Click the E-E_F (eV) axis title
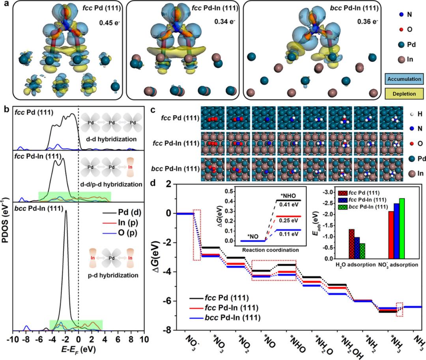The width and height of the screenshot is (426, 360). pyautogui.click(x=78, y=349)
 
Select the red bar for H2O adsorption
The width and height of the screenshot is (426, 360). pyautogui.click(x=351, y=244)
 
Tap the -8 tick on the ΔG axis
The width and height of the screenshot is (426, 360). pyautogui.click(x=170, y=330)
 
